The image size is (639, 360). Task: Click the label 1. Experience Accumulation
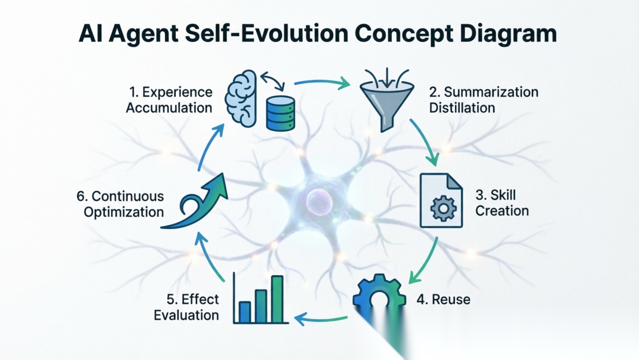pos(170,99)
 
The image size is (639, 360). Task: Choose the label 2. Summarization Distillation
pos(483,99)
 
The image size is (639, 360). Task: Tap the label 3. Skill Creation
pos(502,202)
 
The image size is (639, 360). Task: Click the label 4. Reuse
pos(443,299)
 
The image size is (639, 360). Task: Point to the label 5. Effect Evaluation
pos(187,307)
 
